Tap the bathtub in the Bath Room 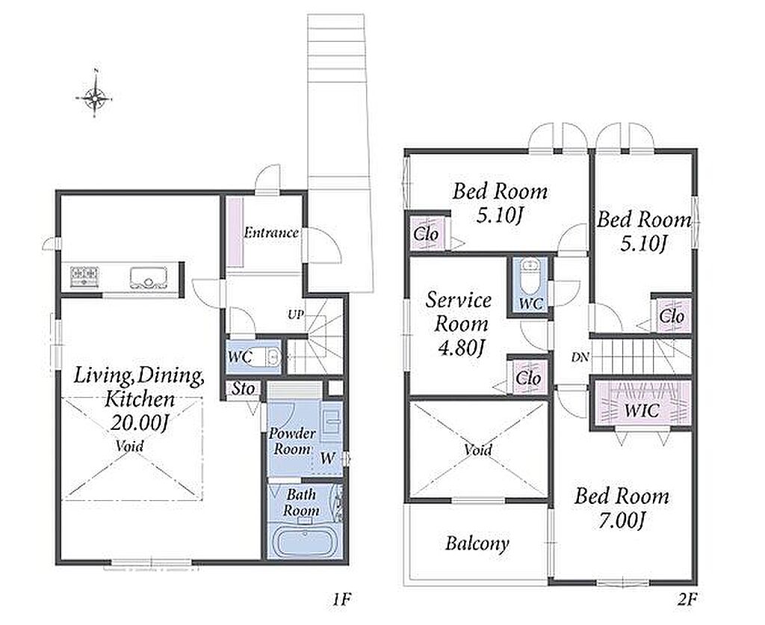point(306,542)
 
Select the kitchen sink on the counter point(149,277)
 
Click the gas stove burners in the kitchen point(84,277)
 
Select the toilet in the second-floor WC point(530,276)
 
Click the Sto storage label point(243,390)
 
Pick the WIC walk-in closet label point(642,410)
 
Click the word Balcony point(477,543)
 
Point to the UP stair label point(296,315)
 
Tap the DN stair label point(580,357)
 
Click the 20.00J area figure point(140,422)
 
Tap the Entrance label point(271,233)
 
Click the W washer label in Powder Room point(328,458)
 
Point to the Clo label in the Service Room point(528,378)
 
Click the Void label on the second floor point(477,449)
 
